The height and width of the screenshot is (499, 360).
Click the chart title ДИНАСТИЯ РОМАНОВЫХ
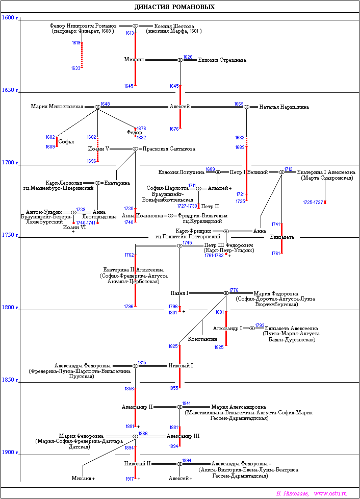[x=174, y=7]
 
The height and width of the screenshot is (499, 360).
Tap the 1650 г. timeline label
[x=10, y=90]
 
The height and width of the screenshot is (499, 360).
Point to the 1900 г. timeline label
[x=10, y=452]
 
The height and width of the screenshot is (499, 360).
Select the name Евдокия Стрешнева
[x=222, y=60]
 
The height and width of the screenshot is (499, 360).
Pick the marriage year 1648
[x=105, y=104]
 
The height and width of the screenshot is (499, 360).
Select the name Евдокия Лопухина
[x=182, y=172]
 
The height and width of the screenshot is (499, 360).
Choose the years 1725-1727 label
[x=313, y=203]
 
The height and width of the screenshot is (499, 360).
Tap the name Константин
[x=202, y=339]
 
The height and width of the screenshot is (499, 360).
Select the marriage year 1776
[x=234, y=290]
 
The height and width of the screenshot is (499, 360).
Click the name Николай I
[x=181, y=366]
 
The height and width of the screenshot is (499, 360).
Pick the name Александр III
[x=183, y=436]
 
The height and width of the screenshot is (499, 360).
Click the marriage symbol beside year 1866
[x=135, y=436]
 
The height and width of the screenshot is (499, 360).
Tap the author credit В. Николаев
[x=292, y=493]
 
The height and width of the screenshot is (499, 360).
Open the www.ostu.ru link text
[x=330, y=493]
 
